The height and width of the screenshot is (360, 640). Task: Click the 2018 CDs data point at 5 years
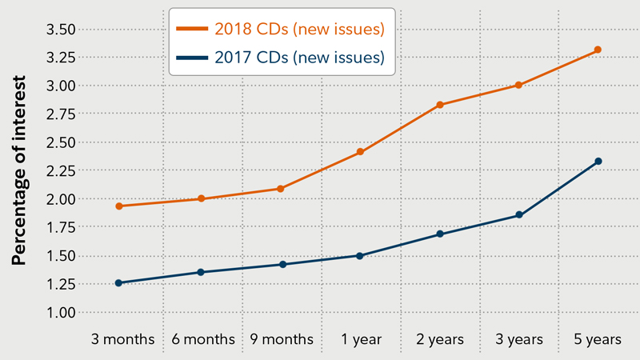(598, 50)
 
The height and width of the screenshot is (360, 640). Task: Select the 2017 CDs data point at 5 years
(598, 162)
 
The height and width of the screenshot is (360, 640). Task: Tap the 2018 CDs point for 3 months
(119, 206)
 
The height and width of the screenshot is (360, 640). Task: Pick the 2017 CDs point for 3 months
(119, 282)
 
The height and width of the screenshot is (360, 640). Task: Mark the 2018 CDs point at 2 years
(439, 105)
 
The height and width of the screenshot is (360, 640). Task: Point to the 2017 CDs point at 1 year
(359, 256)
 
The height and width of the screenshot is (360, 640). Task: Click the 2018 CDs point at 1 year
(359, 152)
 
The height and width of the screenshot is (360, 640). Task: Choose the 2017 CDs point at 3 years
(519, 215)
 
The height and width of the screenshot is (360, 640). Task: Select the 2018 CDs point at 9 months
(279, 189)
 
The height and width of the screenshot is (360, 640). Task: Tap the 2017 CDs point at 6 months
(201, 272)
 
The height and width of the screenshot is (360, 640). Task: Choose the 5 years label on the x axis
(598, 339)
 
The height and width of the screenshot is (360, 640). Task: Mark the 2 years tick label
(439, 339)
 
